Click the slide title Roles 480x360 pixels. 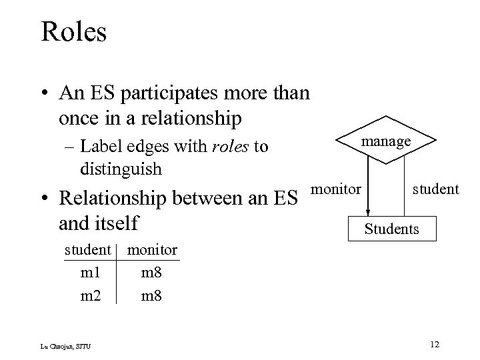pos(73,31)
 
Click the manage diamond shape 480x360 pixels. pos(386,141)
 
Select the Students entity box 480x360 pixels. pos(391,229)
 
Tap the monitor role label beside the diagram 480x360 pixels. pos(337,189)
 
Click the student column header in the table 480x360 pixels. pos(87,249)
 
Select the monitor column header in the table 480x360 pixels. pos(152,249)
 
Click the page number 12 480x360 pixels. pos(435,344)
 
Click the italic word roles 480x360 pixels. pos(231,146)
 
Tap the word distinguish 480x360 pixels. pos(121,169)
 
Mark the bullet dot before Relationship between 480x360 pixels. pos(44,199)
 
